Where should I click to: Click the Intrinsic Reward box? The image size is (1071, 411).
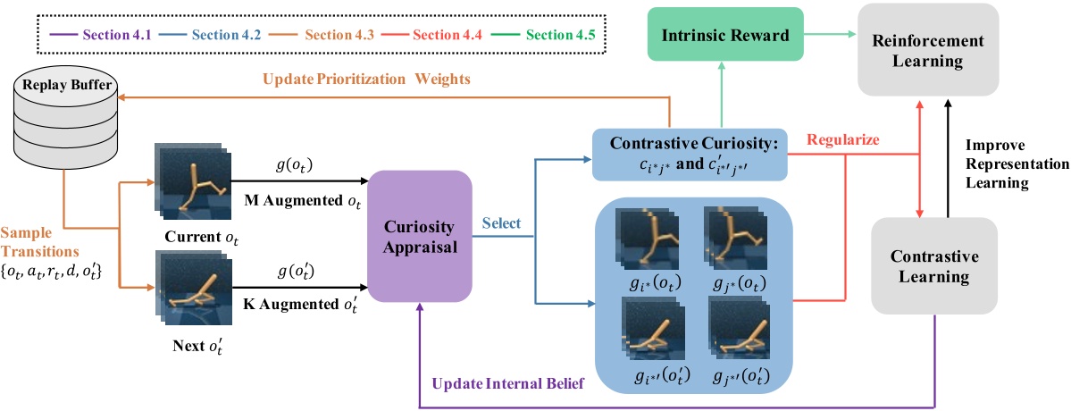(x=724, y=37)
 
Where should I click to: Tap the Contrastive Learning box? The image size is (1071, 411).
(x=935, y=266)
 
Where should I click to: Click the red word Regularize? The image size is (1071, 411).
(x=842, y=140)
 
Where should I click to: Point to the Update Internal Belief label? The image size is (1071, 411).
(x=507, y=384)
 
